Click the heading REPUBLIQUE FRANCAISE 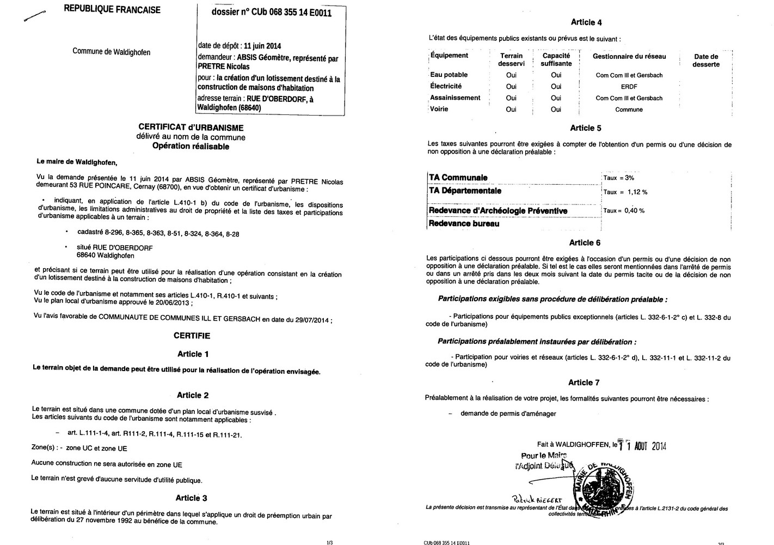(x=112, y=10)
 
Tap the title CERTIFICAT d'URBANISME (x=191, y=128)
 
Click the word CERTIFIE (x=192, y=336)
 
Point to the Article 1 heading (x=193, y=354)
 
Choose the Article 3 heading (x=191, y=498)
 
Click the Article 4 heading (x=586, y=22)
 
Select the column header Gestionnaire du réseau (x=629, y=56)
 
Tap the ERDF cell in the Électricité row (x=629, y=87)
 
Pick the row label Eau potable (x=449, y=75)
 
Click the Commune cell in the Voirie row (x=629, y=110)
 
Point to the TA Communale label (x=458, y=178)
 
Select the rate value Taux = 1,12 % (x=625, y=192)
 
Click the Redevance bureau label (x=464, y=223)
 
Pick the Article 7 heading (x=584, y=383)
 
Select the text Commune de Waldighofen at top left (x=112, y=52)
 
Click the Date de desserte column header (x=706, y=60)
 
